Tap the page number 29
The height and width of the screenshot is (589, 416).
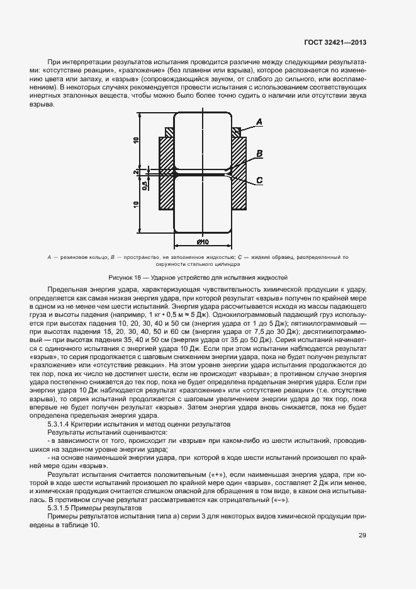tap(363, 535)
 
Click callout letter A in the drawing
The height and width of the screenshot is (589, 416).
tap(259, 121)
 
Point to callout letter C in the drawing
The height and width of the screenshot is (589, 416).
tap(259, 181)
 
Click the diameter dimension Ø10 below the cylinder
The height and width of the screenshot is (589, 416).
tap(203, 243)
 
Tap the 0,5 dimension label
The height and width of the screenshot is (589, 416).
tap(144, 185)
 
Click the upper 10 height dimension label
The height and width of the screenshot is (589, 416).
tap(137, 140)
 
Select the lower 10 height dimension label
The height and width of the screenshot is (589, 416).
tap(137, 204)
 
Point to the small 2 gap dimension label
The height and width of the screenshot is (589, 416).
tap(137, 171)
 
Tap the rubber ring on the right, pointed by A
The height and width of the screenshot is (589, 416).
tap(236, 132)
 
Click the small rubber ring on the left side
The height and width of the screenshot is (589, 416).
tap(169, 132)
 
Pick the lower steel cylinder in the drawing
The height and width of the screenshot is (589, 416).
tap(203, 204)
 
